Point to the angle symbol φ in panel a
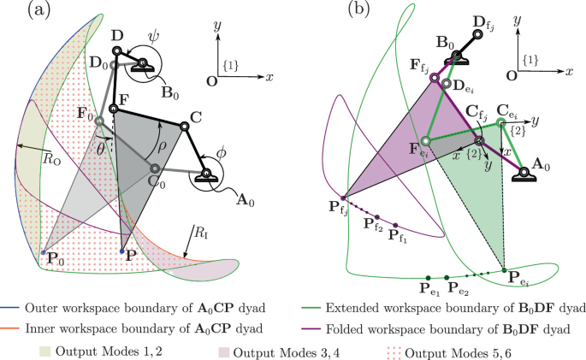[x=222, y=152]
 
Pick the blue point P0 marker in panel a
[x=43, y=252]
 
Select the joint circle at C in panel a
[x=183, y=127]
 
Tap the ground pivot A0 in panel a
[x=205, y=176]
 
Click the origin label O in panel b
[x=512, y=74]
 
